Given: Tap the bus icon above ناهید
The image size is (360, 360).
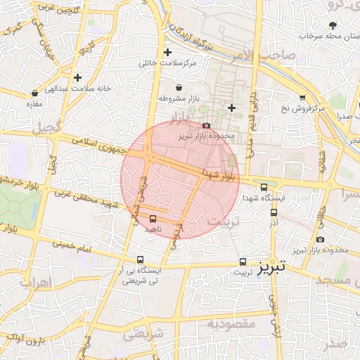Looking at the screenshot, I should (153, 219).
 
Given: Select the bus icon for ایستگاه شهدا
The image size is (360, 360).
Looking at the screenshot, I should (264, 188).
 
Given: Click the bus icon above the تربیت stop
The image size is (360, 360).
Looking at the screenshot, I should (243, 261).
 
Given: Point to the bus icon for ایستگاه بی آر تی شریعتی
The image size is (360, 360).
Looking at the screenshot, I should (140, 259).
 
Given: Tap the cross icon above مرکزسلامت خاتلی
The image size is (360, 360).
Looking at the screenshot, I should (167, 53).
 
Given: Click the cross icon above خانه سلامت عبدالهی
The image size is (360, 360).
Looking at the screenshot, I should (77, 77).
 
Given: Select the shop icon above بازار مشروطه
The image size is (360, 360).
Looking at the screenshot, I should (180, 88).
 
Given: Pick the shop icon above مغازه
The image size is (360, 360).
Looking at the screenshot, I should (32, 94).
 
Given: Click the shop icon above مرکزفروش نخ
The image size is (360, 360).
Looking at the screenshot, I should (302, 98).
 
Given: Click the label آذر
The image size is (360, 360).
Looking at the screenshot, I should (274, 222).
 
